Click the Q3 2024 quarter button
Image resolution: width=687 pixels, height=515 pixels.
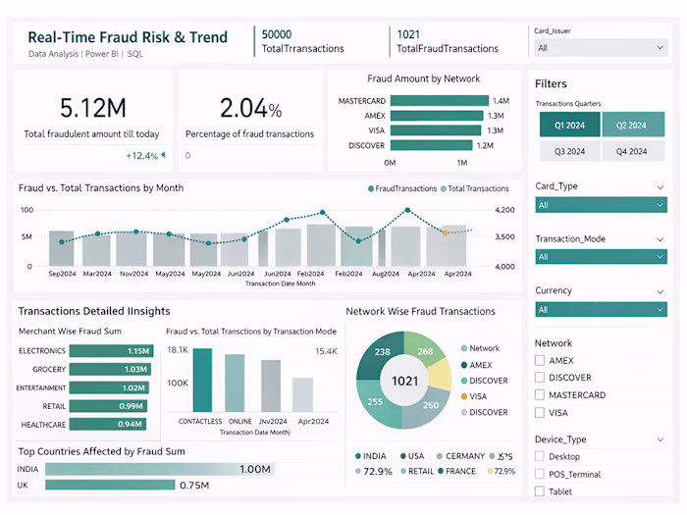pyautogui.click(x=569, y=151)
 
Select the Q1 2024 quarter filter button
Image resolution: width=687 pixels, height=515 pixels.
pyautogui.click(x=569, y=126)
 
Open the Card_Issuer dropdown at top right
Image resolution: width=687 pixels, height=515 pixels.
pyautogui.click(x=601, y=47)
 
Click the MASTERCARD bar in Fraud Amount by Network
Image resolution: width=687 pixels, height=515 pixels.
pyautogui.click(x=439, y=100)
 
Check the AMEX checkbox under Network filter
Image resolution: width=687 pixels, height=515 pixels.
pyautogui.click(x=540, y=361)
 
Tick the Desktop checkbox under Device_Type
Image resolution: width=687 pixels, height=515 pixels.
pyautogui.click(x=540, y=456)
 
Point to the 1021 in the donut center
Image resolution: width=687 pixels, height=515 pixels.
pyautogui.click(x=405, y=382)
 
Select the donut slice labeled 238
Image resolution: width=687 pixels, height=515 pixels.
pyautogui.click(x=382, y=352)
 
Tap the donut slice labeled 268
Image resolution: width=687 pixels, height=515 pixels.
pyautogui.click(x=425, y=352)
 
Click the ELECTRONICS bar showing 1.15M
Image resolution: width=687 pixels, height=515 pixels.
pyautogui.click(x=111, y=350)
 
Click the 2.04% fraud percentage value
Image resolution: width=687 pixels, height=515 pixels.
pyautogui.click(x=250, y=108)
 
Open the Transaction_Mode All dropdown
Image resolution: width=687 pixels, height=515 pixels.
pyautogui.click(x=601, y=256)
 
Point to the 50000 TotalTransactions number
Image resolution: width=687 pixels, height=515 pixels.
pyautogui.click(x=276, y=34)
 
